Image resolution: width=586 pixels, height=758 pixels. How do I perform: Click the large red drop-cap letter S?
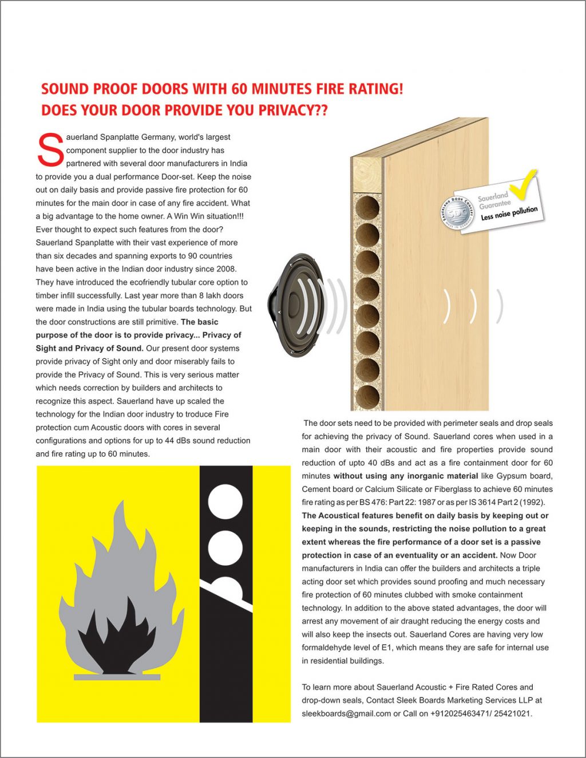[x=50, y=151]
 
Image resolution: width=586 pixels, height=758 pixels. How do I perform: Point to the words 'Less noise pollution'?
[x=509, y=213]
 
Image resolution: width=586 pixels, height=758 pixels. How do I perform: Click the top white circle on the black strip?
[x=225, y=502]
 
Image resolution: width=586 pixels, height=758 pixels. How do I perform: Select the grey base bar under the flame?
[x=117, y=677]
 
